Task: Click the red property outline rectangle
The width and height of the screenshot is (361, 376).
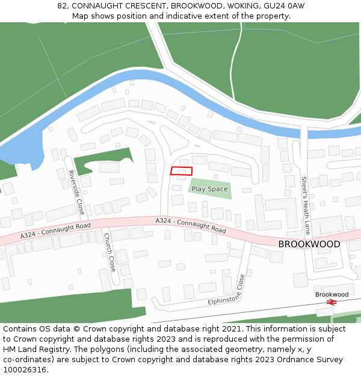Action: (181, 171)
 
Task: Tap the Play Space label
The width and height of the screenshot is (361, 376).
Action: (209, 189)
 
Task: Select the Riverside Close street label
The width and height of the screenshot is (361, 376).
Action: (76, 193)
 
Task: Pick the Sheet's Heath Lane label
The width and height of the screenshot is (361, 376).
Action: (306, 205)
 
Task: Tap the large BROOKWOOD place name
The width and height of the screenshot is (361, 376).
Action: (309, 244)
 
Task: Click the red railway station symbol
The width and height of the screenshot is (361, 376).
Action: (331, 302)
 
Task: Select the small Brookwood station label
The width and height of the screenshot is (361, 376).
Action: (332, 294)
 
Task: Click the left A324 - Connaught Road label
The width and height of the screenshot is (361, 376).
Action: (55, 230)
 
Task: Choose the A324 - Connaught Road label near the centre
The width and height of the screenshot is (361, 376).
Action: (191, 226)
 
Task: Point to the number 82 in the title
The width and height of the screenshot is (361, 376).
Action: (62, 6)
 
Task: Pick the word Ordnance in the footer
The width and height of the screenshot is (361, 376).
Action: (291, 360)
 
